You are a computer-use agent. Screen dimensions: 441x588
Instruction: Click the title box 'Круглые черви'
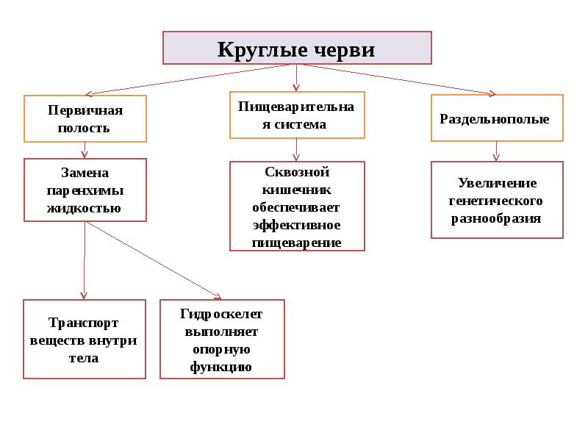[296, 48]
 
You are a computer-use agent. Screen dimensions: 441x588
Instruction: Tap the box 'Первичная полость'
[85, 118]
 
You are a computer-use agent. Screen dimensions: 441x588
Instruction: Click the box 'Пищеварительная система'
[296, 115]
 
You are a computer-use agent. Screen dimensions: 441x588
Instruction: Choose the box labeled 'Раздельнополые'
[497, 118]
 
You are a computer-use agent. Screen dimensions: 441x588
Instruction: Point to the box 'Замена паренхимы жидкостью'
[85, 190]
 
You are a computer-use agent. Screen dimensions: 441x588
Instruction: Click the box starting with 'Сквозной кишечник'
[296, 207]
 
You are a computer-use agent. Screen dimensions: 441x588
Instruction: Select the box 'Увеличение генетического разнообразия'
[497, 200]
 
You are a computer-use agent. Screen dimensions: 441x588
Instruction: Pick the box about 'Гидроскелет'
[221, 340]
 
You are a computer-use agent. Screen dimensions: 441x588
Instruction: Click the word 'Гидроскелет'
[221, 314]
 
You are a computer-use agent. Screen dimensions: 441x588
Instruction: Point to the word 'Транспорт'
[84, 323]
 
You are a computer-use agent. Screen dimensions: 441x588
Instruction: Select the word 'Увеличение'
[497, 183]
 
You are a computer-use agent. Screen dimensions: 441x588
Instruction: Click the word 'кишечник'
[296, 189]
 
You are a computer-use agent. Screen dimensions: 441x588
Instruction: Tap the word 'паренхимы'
[85, 190]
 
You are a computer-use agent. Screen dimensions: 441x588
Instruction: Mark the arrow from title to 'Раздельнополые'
[397, 79]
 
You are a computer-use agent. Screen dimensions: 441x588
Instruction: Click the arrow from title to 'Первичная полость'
[191, 79]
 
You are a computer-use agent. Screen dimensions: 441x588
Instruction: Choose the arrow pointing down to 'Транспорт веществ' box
[85, 261]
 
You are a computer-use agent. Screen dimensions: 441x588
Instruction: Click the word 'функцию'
[221, 367]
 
